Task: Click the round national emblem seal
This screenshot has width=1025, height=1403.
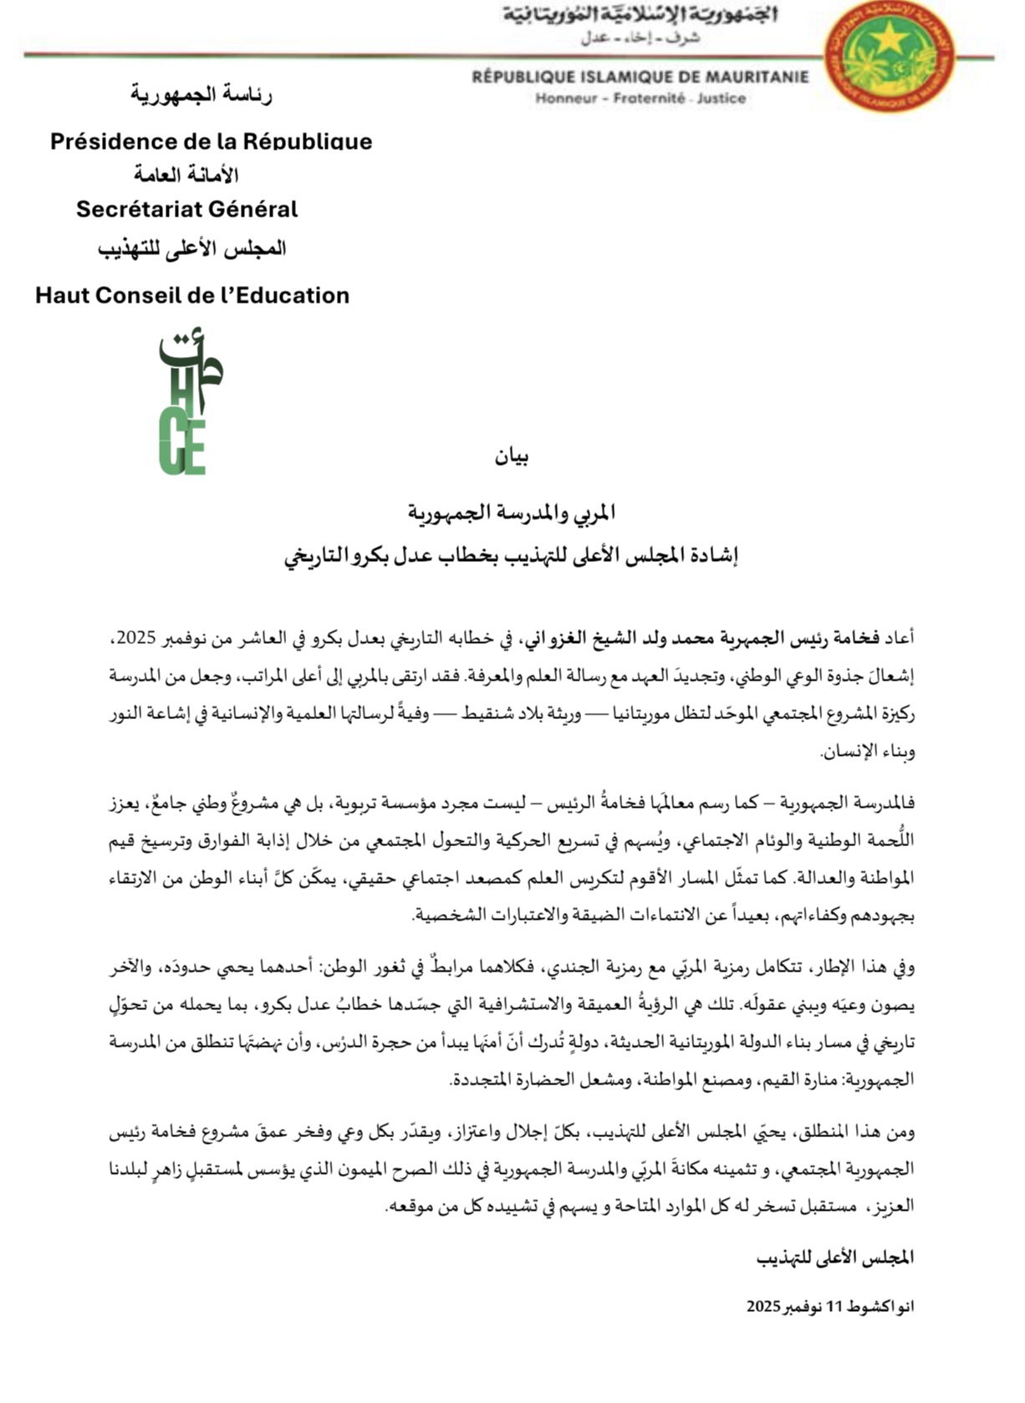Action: [890, 57]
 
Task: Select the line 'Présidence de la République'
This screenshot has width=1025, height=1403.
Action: [211, 140]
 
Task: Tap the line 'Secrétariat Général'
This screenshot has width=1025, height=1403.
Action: [186, 209]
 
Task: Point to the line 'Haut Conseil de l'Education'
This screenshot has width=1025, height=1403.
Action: [192, 295]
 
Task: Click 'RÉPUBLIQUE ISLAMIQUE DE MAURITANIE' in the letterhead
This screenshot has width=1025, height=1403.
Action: [640, 78]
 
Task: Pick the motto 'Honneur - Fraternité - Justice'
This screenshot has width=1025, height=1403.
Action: [640, 99]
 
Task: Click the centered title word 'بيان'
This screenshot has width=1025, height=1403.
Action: [512, 457]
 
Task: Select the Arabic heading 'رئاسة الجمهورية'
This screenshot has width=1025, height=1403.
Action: [201, 94]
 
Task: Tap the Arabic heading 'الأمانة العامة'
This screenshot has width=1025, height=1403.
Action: [186, 175]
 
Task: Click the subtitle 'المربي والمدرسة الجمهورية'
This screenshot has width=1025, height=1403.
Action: [512, 512]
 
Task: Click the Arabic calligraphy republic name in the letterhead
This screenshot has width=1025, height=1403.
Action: [640, 16]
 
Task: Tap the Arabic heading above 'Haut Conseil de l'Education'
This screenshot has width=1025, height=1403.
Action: [192, 249]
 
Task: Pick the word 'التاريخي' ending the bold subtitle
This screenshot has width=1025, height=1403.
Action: [317, 556]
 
